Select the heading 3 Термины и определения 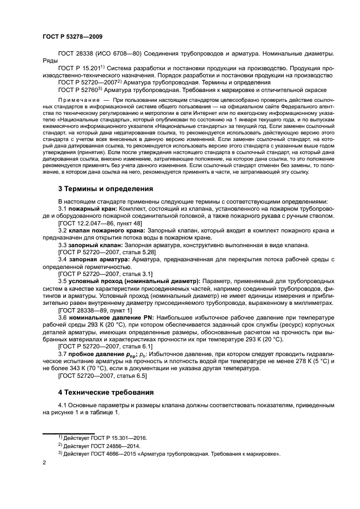pos(106,189)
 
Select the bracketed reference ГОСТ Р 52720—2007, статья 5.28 pos(103,252)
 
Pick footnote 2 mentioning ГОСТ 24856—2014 pos(99,445)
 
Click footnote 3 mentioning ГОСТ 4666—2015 pos(147,453)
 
